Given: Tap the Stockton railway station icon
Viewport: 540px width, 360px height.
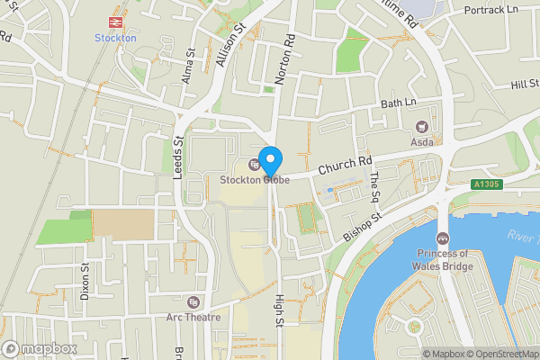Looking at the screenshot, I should coord(115,22).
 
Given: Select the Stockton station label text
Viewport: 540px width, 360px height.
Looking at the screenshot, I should coord(115,38).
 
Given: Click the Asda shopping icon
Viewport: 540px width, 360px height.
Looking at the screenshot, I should coord(418,126).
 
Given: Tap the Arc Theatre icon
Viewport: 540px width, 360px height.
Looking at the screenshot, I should coord(193,301).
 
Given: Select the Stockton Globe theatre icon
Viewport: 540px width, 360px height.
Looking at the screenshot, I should coord(253,164).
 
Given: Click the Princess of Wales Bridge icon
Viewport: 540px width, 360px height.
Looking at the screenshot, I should coord(443,238).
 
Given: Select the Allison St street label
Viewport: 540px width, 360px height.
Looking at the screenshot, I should coord(230,44).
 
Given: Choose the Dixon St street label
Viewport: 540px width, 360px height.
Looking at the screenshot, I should coord(85,280).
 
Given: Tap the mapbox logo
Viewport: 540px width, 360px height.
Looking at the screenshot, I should coord(40,348).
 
